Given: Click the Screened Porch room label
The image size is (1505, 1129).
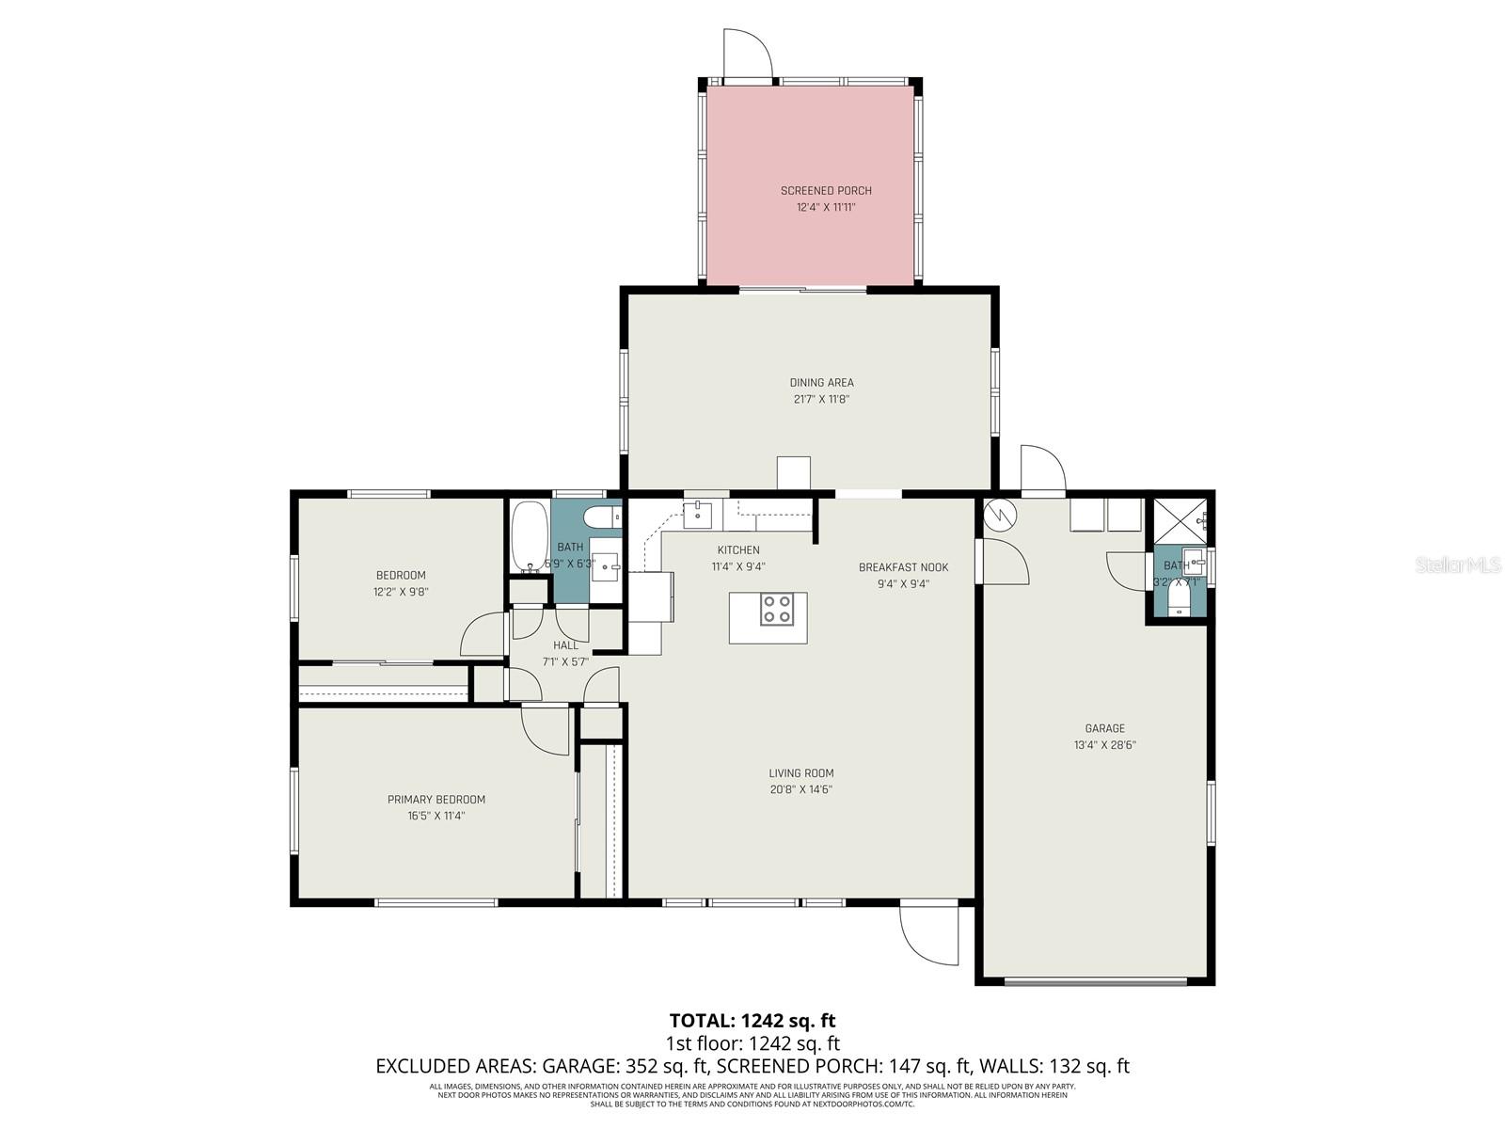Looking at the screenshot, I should click(x=826, y=191).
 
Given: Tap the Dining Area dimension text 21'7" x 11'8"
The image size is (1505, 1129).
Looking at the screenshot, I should click(x=821, y=399).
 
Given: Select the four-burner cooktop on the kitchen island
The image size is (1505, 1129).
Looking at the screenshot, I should click(x=777, y=610).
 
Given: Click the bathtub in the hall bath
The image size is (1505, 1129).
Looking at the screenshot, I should click(x=530, y=536).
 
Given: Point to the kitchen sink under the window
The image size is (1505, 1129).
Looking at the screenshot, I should click(x=697, y=514).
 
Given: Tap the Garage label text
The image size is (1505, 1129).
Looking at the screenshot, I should click(x=1104, y=728).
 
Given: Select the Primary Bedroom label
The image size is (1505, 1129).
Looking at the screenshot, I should click(x=436, y=800).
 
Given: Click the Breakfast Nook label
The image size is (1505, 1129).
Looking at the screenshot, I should click(x=903, y=567).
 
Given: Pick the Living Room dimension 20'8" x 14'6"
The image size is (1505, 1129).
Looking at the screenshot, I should click(x=800, y=790).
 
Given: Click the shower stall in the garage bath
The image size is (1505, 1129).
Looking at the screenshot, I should click(x=1180, y=520).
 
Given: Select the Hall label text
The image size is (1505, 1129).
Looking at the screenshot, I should click(x=566, y=645).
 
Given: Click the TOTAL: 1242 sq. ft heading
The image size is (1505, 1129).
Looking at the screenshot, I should click(x=752, y=1020).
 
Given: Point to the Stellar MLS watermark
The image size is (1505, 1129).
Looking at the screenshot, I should click(x=1457, y=565).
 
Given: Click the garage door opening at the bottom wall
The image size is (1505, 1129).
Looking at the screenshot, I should click(x=1096, y=982).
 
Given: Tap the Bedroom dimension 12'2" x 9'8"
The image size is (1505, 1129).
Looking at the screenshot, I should click(x=401, y=592).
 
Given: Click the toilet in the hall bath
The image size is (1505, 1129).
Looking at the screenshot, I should click(x=600, y=517).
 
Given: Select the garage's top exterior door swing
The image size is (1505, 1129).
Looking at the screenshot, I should click(x=1043, y=469).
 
